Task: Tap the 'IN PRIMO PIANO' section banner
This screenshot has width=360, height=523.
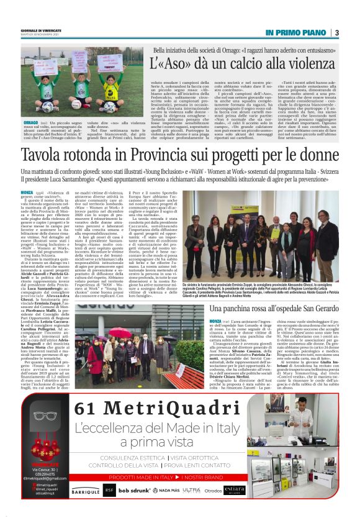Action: pyautogui.click(x=296, y=32)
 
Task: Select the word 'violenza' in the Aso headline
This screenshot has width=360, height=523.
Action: pyautogui.click(x=294, y=63)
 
